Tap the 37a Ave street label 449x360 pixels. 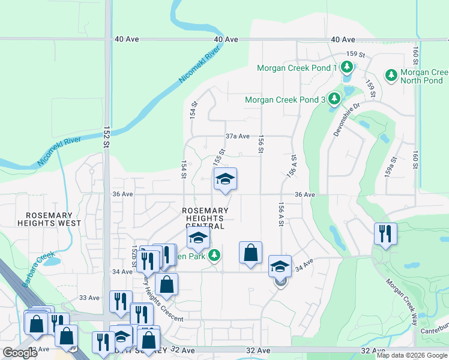[237, 136]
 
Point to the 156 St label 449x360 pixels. [261, 143]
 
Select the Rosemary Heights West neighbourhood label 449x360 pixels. [49, 219]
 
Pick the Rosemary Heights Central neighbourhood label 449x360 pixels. [205, 218]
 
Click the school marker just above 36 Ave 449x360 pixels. [225, 179]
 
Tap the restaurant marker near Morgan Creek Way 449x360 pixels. [384, 233]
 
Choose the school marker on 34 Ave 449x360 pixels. [280, 266]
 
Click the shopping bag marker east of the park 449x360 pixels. [250, 252]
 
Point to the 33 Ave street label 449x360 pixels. [89, 298]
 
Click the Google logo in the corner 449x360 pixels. [20, 353]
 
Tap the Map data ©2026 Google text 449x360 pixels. [412, 355]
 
